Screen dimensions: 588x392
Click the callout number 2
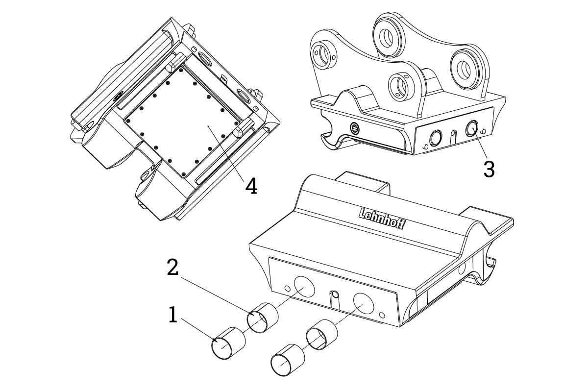click(172, 267)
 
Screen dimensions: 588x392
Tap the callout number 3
click(489, 170)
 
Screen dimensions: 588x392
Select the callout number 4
click(251, 186)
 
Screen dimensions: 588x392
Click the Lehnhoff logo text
click(382, 219)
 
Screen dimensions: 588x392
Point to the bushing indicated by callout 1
click(228, 343)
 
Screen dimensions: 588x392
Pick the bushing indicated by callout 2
click(263, 318)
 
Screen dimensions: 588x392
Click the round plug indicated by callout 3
click(472, 128)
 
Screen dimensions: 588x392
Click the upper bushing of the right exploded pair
click(322, 335)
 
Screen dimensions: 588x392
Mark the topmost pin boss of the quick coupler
click(388, 35)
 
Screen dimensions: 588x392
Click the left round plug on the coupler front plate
click(435, 138)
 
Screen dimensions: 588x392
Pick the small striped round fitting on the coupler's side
click(354, 128)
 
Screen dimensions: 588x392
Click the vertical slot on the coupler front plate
click(454, 137)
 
